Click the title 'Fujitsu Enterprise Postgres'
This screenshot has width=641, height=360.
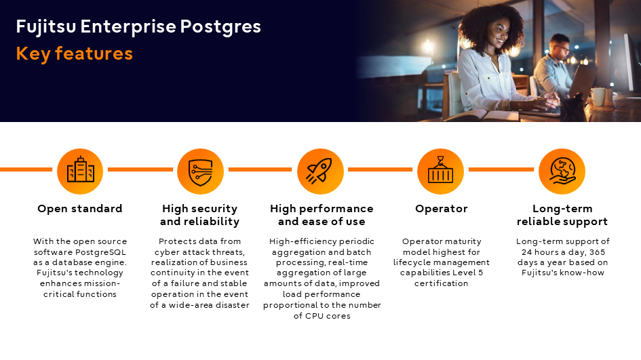tap(138, 27)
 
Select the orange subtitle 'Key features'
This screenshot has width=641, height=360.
tap(75, 54)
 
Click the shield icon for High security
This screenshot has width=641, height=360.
tap(200, 172)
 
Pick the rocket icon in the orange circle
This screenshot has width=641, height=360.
tap(320, 171)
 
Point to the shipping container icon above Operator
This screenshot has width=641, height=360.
tap(440, 169)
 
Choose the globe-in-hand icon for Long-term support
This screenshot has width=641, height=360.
tap(562, 171)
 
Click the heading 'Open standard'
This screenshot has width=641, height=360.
tap(80, 209)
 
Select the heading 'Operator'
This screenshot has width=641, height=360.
tap(441, 209)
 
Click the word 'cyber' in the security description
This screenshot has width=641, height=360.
tap(167, 252)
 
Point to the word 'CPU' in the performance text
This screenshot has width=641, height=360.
tap(315, 316)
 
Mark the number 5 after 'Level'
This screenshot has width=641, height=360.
tap(480, 273)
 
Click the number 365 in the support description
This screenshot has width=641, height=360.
tap(598, 252)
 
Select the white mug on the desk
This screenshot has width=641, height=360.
tap(598, 97)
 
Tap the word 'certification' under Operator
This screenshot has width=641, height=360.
tap(441, 283)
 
